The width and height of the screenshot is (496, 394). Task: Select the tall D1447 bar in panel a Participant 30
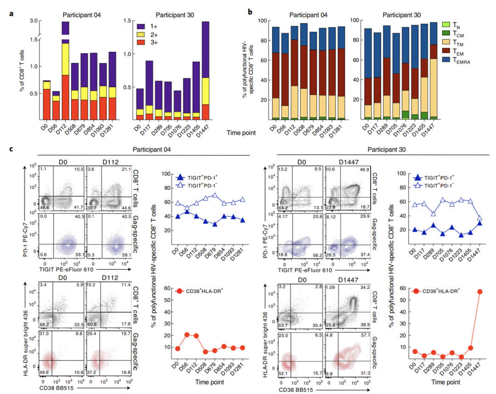point(206,71)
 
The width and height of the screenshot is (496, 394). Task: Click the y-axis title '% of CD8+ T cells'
point(22,71)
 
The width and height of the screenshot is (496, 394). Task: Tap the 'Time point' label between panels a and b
point(242,133)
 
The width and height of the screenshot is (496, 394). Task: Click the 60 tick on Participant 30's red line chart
point(402,287)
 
